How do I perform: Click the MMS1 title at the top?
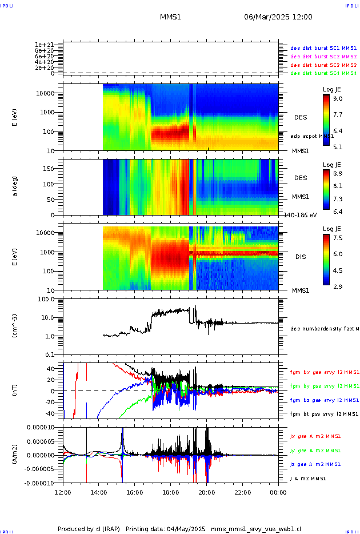tap(170, 17)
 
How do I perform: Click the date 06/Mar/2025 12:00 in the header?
tap(278, 17)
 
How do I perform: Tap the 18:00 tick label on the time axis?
tap(170, 491)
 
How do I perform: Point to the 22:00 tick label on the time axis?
tap(242, 491)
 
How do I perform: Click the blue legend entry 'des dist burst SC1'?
tap(323, 48)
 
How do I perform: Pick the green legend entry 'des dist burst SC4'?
tap(323, 73)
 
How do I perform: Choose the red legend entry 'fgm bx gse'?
tap(324, 372)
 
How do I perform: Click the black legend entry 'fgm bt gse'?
tap(324, 413)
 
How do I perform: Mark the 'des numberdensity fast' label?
tap(324, 329)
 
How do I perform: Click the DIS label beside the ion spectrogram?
tap(301, 257)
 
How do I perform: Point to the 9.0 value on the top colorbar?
tap(338, 98)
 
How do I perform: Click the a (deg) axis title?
tap(15, 186)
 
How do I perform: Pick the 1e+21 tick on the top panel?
tap(44, 45)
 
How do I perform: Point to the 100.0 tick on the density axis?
tap(45, 299)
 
